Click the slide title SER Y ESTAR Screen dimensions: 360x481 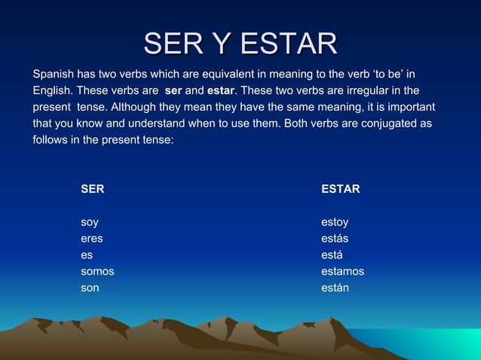click(x=240, y=44)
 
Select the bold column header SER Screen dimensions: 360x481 click(x=93, y=189)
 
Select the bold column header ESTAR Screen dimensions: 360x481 click(x=340, y=189)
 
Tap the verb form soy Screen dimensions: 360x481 click(x=90, y=222)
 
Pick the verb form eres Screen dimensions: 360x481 click(x=92, y=239)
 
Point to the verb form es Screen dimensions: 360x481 click(x=87, y=255)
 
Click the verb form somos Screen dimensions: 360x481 click(x=97, y=271)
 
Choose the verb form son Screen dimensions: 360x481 click(x=90, y=288)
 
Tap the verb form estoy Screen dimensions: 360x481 click(x=335, y=222)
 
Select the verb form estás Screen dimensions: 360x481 click(x=335, y=239)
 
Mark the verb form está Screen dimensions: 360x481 click(x=332, y=255)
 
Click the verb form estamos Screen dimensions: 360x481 click(x=342, y=271)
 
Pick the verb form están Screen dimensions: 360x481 click(x=335, y=288)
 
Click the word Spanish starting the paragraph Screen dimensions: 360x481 click(x=54, y=75)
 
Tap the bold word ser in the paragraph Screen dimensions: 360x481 click(x=173, y=91)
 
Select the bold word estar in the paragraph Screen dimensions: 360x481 click(x=220, y=91)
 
